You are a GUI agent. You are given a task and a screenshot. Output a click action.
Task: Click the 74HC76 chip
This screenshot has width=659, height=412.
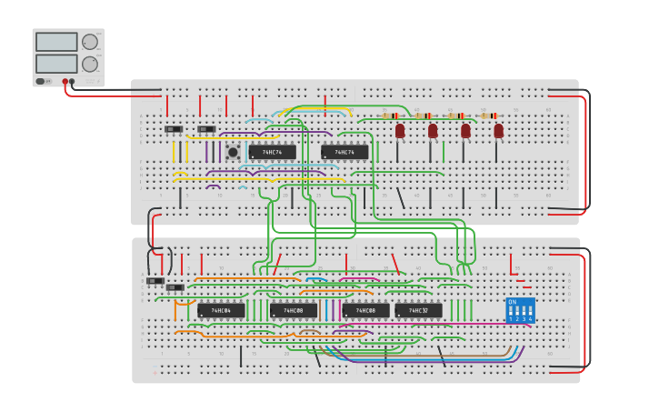coord(273,152)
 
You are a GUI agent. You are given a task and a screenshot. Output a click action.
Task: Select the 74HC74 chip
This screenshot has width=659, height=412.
coord(344,152)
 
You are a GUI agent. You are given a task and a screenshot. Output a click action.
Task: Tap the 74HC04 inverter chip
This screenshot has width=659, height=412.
coord(221,310)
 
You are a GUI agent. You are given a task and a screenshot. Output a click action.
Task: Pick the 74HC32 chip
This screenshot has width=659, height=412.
coord(418,310)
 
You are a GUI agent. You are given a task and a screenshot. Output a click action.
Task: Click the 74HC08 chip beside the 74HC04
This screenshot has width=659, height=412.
coord(293,310)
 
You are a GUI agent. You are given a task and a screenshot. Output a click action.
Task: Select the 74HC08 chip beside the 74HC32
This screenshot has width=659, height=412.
coord(365,310)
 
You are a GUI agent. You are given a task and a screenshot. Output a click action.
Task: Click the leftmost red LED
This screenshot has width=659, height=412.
coord(400,131)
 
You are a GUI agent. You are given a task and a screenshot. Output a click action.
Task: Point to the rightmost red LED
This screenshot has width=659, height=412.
coord(498,131)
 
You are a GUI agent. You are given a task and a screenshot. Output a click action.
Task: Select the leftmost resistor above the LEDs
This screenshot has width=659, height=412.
coord(391,116)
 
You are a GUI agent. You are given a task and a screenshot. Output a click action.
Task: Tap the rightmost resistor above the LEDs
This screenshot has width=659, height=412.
coord(490,116)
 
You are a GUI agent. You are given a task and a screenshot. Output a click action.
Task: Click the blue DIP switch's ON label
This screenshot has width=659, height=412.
coord(513,302)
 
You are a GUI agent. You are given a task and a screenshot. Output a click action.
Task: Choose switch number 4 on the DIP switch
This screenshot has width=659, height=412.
coord(530,311)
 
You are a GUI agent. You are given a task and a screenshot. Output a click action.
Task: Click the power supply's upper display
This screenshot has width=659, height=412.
coord(56,42)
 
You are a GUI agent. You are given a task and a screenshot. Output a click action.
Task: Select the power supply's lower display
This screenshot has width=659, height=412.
coord(56,64)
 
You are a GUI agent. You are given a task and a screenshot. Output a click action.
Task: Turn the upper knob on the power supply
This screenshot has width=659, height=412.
coord(90,42)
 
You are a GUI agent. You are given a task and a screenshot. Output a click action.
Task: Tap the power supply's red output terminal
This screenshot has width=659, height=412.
coord(65,82)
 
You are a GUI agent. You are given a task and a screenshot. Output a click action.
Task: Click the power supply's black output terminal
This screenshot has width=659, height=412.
coord(73,82)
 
